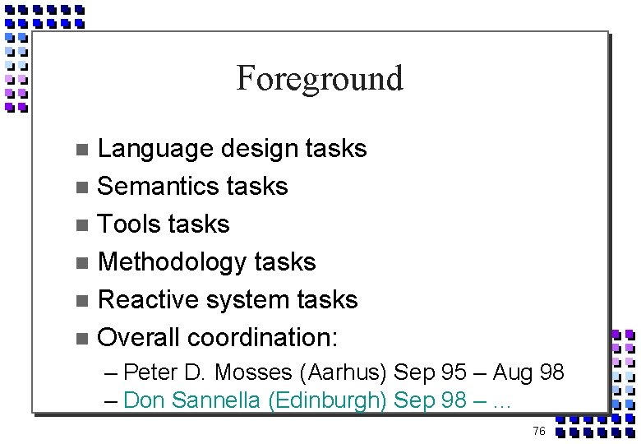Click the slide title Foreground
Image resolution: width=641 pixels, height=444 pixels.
click(x=320, y=79)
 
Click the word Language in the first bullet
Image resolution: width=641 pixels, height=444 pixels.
click(x=154, y=149)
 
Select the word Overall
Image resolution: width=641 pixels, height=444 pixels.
click(x=138, y=337)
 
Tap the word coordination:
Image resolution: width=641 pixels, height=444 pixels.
click(x=263, y=337)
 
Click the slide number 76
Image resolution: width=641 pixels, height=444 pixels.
click(x=539, y=431)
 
